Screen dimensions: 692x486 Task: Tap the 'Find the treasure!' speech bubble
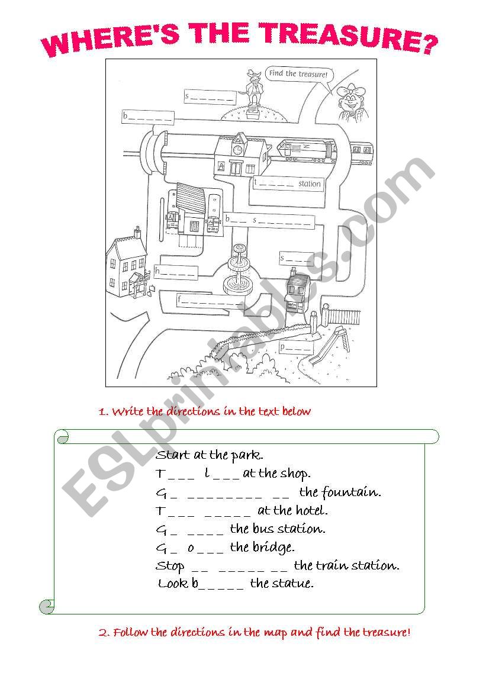pos(297,75)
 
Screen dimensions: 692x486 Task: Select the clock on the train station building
pos(238,150)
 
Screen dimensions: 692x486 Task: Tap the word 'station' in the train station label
pos(309,184)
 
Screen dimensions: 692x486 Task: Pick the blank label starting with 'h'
pos(176,272)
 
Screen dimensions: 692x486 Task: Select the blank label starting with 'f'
pos(207,301)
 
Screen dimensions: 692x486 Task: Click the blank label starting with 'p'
pos(295,348)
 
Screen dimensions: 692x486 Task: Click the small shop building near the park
pos(297,292)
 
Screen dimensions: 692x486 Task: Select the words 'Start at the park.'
pos(210,455)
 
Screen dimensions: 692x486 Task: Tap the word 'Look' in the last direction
pos(173,584)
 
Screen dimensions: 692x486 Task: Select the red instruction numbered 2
pos(254,632)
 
